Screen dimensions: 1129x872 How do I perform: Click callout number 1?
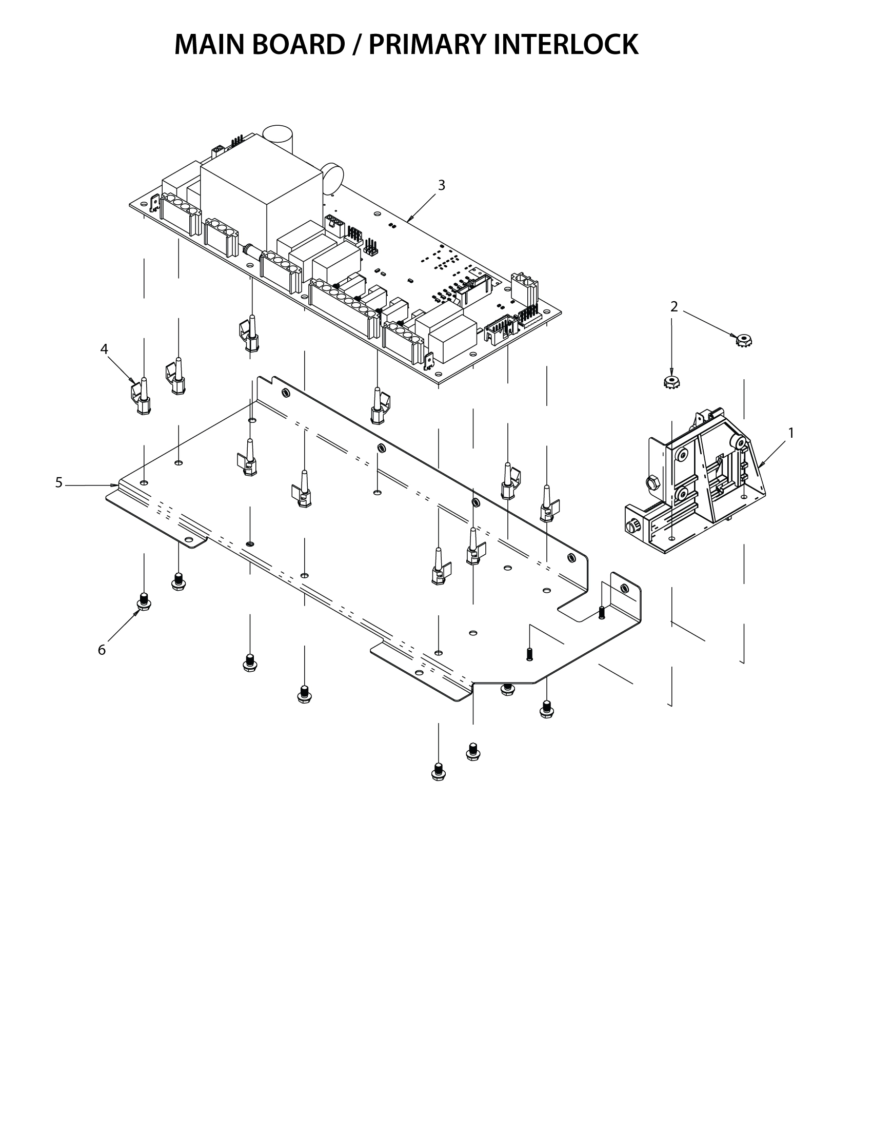(x=790, y=433)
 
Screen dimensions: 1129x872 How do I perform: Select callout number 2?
(x=673, y=307)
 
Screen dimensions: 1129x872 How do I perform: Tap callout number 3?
(x=441, y=185)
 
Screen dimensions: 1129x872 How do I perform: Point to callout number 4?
(x=104, y=349)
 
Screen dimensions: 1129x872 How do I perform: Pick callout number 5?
(x=59, y=482)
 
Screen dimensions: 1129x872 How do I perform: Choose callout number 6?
(x=102, y=650)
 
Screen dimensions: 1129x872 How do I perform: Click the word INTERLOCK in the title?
(x=566, y=45)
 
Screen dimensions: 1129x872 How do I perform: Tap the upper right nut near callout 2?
(x=744, y=340)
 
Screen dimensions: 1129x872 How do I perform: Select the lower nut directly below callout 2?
(x=671, y=382)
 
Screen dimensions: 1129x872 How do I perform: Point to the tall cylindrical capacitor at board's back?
(x=279, y=140)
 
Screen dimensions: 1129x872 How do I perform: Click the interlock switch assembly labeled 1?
(x=703, y=491)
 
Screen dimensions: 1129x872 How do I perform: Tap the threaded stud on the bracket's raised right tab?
(x=602, y=613)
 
